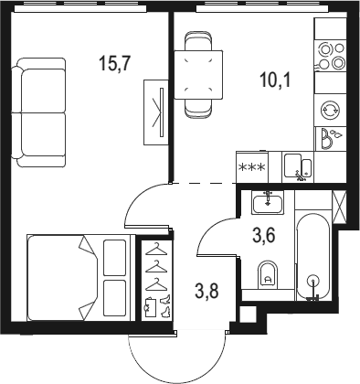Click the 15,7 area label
(x=115, y=64)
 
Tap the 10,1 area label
(x=275, y=80)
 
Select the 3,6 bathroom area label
(x=264, y=236)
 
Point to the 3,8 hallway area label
(x=207, y=291)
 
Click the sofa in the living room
(x=38, y=112)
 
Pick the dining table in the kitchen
(x=198, y=75)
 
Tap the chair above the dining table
(x=198, y=40)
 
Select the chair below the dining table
(x=198, y=109)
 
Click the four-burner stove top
(x=331, y=57)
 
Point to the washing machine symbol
(x=331, y=110)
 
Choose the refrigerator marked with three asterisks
(x=252, y=167)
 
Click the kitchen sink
(x=298, y=167)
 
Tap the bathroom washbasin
(x=268, y=202)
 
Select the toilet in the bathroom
(x=268, y=275)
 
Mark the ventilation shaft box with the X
(x=340, y=208)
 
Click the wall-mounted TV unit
(x=156, y=112)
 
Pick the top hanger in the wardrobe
(x=156, y=249)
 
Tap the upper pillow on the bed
(x=115, y=258)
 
